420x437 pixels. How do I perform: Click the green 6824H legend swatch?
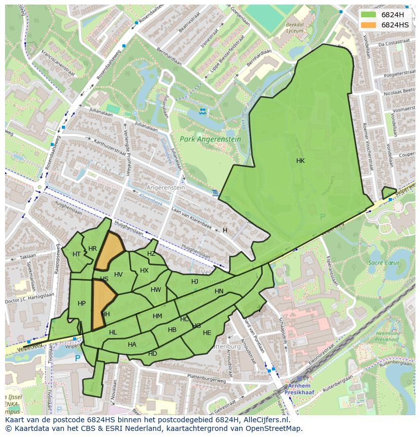point(368,15)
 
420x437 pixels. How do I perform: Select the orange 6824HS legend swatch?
point(368,25)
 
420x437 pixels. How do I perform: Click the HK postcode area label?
point(300,161)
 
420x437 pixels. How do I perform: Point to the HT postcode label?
point(77,254)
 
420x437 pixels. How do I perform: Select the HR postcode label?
point(92,249)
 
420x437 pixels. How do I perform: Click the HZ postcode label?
point(151,254)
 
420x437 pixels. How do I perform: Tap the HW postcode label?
point(156,290)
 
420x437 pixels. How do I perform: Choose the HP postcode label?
point(82,304)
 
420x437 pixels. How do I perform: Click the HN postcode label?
point(219,291)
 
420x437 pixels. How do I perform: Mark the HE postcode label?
point(207,333)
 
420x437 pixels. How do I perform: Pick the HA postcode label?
point(132,345)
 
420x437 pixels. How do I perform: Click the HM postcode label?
point(157,316)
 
